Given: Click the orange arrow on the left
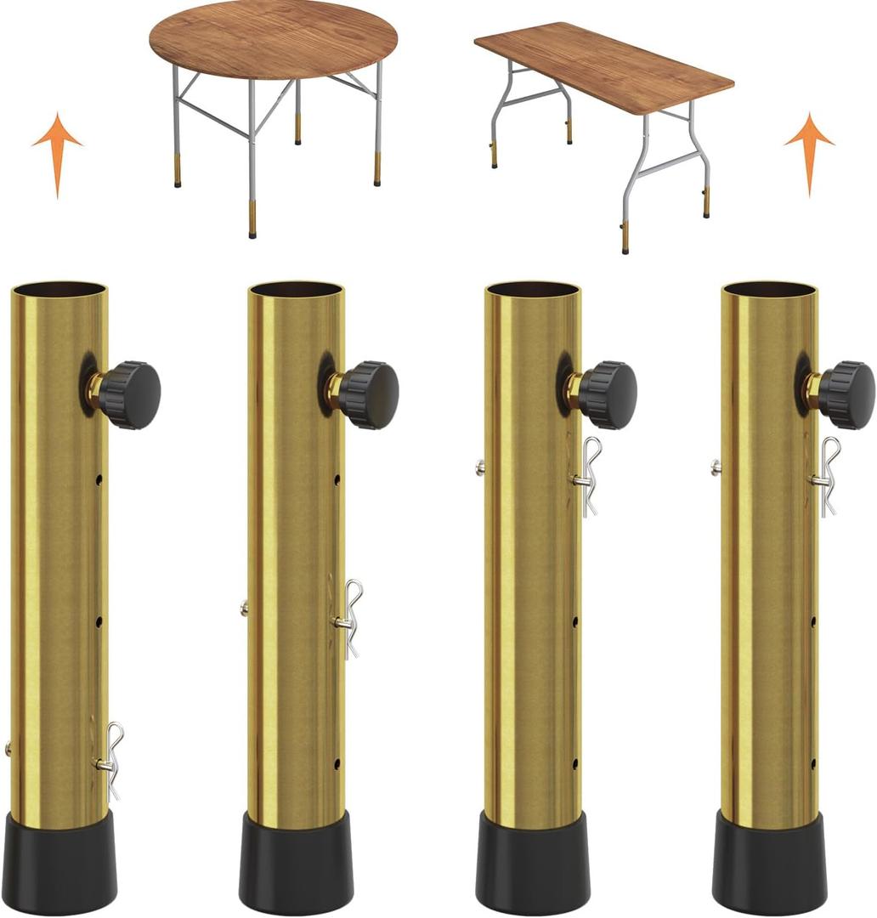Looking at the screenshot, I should click(x=57, y=149).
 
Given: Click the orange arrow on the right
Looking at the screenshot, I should click(x=808, y=149).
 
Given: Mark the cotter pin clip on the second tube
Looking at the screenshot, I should click(x=348, y=618).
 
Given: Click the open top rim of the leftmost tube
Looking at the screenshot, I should click(x=59, y=290).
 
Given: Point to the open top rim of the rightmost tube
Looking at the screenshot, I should click(x=770, y=290).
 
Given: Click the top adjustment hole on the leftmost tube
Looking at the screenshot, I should click(x=99, y=480).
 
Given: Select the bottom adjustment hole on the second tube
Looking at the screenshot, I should click(x=337, y=762).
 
